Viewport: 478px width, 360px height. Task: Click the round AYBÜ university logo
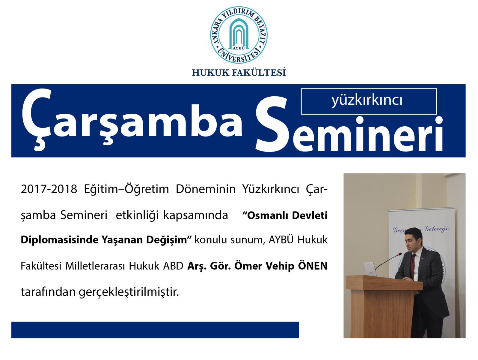click(239, 35)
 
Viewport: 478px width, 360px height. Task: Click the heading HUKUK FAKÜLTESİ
click(239, 73)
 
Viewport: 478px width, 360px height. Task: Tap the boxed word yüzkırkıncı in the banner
click(367, 100)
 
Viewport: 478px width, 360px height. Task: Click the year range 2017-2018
click(49, 189)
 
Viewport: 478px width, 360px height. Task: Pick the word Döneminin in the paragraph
click(206, 189)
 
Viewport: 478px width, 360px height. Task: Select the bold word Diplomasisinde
click(59, 240)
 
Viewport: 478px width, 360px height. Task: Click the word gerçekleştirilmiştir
click(129, 292)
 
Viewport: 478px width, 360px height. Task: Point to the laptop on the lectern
click(370, 269)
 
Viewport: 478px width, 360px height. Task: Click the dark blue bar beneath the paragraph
click(155, 330)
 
